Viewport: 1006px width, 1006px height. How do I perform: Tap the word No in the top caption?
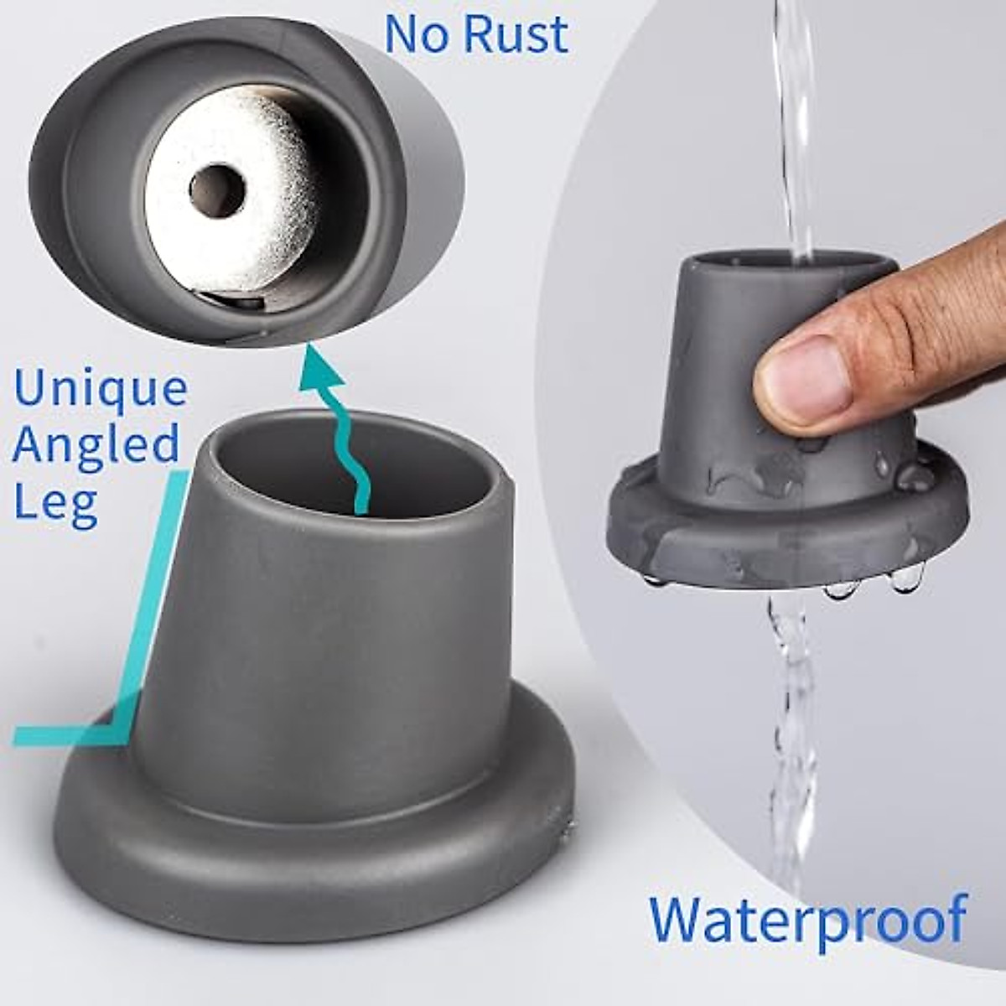[416, 34]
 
